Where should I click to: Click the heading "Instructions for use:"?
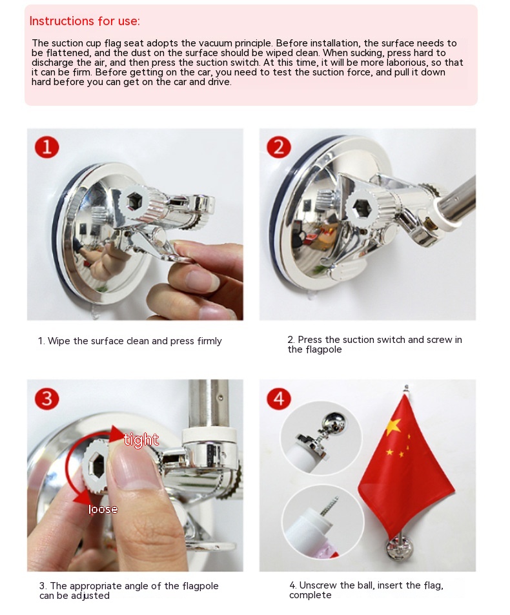click(85, 21)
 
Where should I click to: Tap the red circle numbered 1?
click(46, 148)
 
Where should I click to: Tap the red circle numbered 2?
click(279, 148)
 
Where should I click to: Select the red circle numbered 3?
click(46, 399)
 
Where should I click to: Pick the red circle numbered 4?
click(279, 399)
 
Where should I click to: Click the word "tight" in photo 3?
click(141, 440)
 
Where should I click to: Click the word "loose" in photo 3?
click(103, 509)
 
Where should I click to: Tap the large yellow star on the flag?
click(394, 427)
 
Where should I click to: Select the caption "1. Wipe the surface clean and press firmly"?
click(130, 341)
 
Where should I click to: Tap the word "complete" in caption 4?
click(311, 595)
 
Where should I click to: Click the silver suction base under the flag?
click(399, 549)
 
